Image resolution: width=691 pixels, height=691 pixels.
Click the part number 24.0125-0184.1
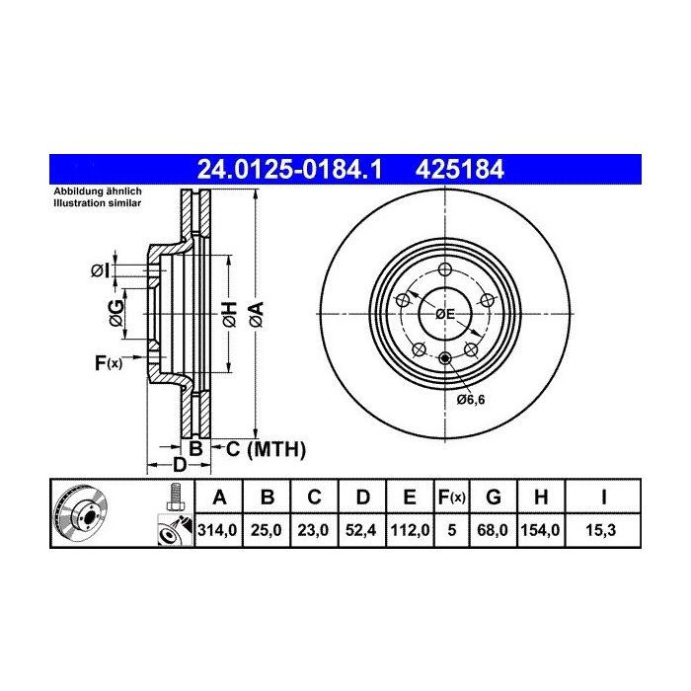(x=290, y=169)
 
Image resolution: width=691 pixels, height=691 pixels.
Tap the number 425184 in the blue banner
(x=459, y=169)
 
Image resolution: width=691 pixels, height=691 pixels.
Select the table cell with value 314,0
(x=218, y=530)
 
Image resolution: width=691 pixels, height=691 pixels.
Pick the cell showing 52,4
(x=361, y=530)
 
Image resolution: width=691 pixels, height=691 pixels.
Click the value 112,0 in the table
(x=410, y=530)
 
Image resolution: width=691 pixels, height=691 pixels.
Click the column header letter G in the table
(x=494, y=498)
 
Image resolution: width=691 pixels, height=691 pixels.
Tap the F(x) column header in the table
(x=452, y=498)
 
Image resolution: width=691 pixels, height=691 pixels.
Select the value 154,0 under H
(x=540, y=530)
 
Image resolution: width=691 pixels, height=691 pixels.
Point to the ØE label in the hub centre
(x=444, y=314)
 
